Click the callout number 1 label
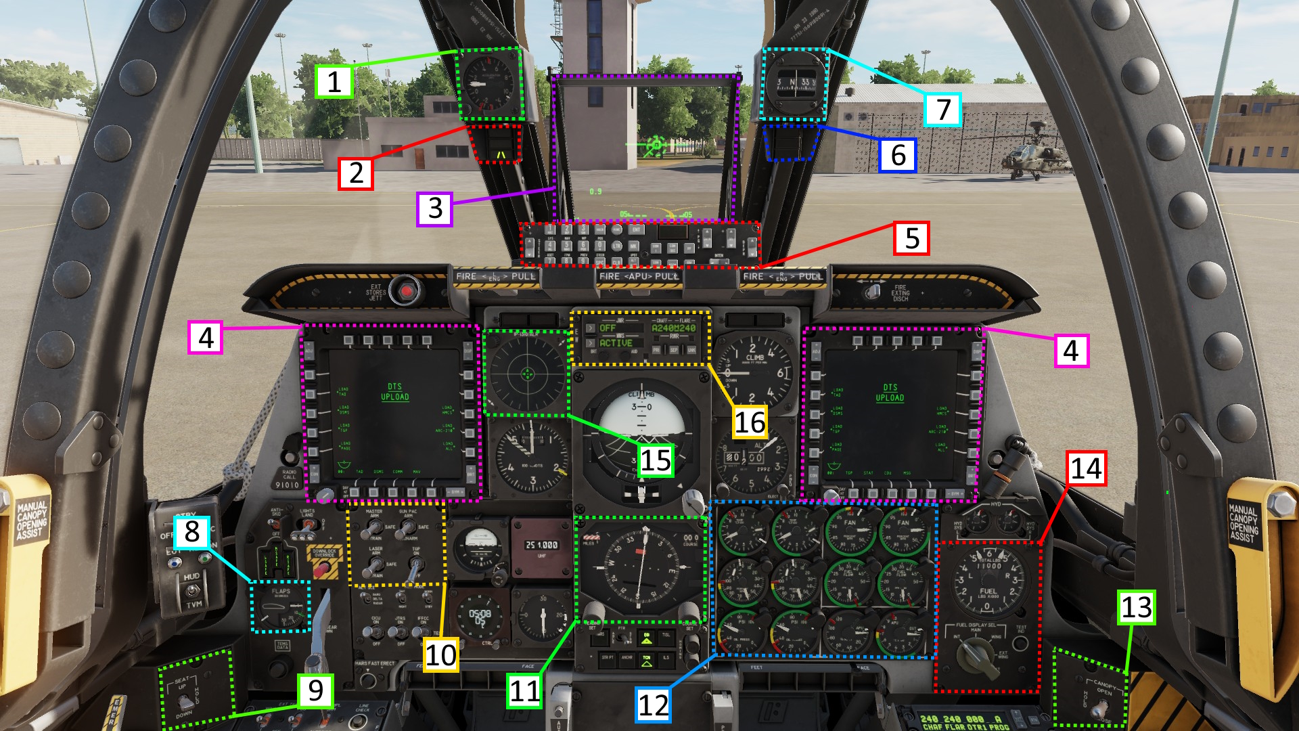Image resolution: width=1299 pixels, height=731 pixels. coord(334,82)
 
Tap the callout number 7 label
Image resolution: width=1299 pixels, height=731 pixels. coord(942,110)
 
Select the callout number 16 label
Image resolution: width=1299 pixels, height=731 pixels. coord(750,422)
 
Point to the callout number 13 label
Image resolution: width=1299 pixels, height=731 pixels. coord(1136,607)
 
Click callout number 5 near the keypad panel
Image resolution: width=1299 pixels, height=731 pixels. coord(911,238)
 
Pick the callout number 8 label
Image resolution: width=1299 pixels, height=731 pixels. coord(191,532)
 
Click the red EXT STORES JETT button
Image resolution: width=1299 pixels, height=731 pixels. coord(407,291)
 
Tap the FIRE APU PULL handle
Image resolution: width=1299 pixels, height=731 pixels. coord(639,277)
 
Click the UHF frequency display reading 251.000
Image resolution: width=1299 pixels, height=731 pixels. coord(542,545)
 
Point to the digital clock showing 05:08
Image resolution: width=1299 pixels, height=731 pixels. coord(480,616)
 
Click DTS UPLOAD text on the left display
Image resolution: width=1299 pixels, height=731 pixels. coord(394,392)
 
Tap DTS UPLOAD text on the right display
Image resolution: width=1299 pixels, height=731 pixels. coord(890,393)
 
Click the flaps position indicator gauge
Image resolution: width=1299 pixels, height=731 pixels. coord(279,606)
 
